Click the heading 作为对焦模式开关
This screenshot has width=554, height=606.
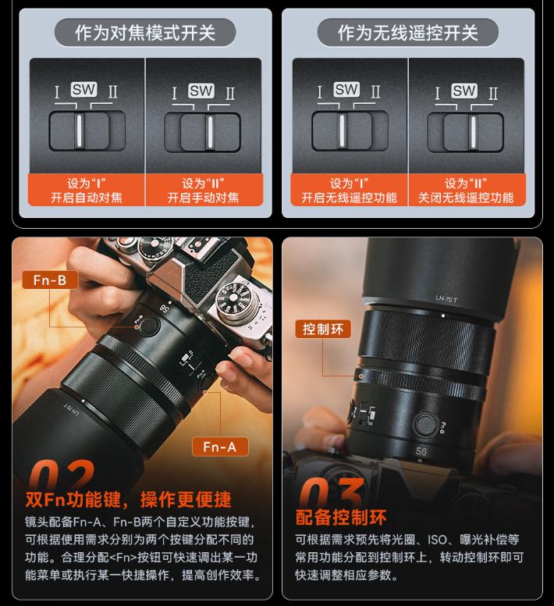click(x=145, y=33)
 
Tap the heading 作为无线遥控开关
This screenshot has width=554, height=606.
click(x=407, y=33)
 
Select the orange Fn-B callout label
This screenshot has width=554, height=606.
click(x=50, y=280)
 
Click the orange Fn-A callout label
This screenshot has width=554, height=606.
click(x=220, y=447)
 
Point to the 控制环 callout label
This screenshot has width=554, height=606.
click(x=323, y=330)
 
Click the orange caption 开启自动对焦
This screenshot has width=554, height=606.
click(x=86, y=198)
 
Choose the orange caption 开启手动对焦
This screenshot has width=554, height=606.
click(x=203, y=198)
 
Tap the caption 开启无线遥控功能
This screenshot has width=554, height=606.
click(x=349, y=198)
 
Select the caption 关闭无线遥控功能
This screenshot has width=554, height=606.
click(x=466, y=198)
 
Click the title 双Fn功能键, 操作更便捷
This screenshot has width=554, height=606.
click(x=128, y=499)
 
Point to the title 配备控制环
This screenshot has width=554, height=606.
click(x=341, y=517)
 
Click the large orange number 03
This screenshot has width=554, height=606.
click(x=332, y=492)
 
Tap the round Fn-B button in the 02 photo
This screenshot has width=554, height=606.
click(x=149, y=326)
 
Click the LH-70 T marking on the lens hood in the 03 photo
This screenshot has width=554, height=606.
click(x=446, y=299)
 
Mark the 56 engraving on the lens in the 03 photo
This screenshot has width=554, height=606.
click(x=421, y=451)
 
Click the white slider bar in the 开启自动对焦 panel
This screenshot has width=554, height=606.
click(x=79, y=130)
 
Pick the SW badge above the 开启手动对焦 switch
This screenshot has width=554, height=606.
click(x=201, y=91)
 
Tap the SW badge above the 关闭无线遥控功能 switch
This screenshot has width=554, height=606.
click(x=464, y=91)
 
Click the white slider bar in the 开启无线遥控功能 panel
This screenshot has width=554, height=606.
click(x=342, y=130)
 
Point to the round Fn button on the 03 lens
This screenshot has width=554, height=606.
click(x=425, y=424)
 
